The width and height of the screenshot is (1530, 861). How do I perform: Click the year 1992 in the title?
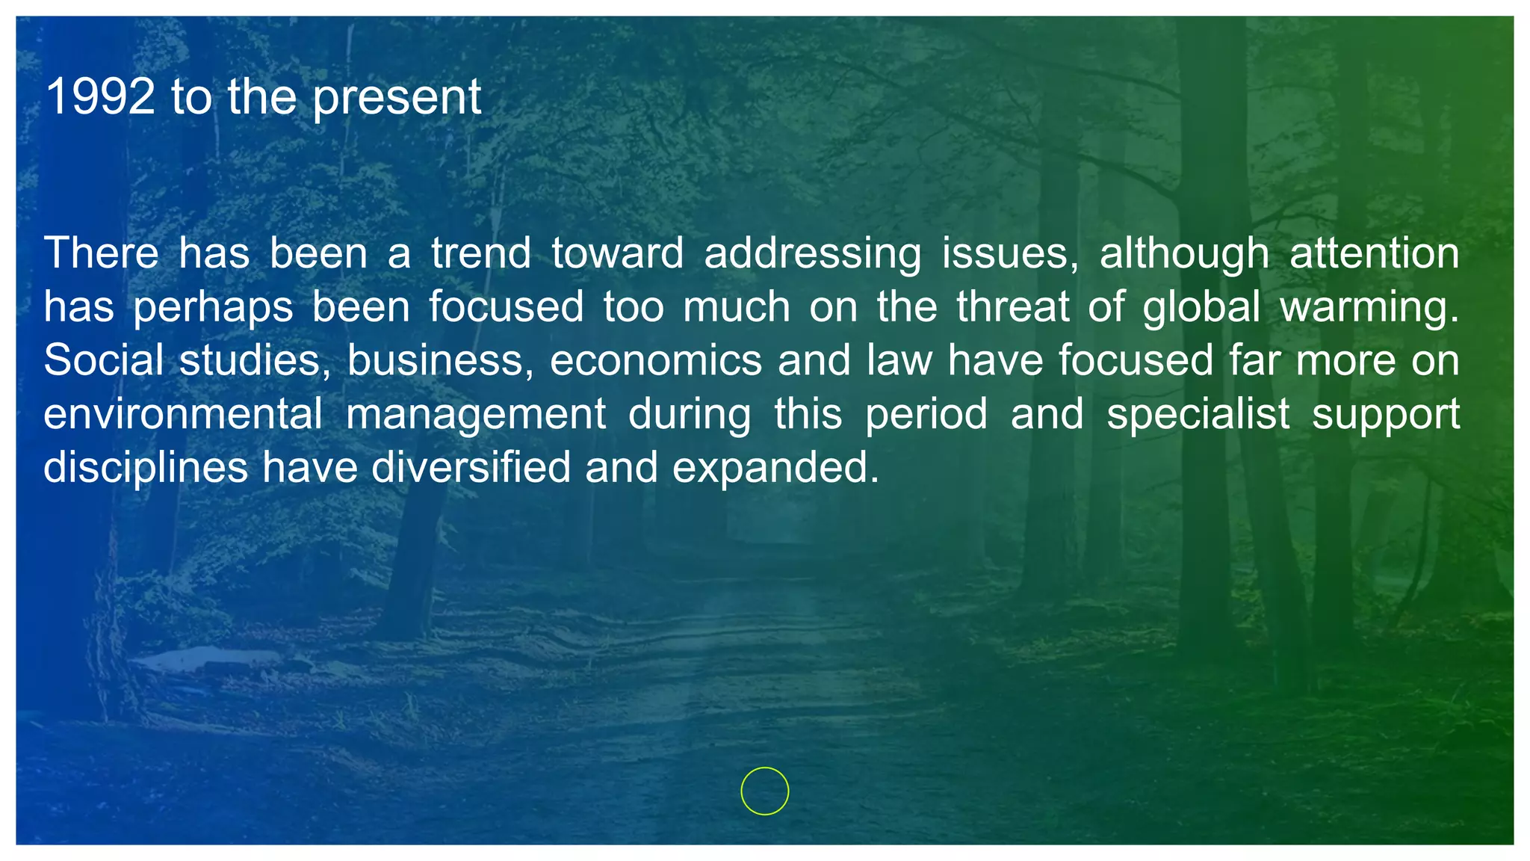[x=100, y=97]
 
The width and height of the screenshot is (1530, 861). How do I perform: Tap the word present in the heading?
[x=397, y=99]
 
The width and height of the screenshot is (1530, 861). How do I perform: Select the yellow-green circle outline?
[x=764, y=791]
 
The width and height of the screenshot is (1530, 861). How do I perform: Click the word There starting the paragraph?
[x=101, y=253]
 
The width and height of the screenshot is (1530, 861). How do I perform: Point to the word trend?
[x=480, y=253]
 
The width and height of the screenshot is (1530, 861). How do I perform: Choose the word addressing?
[x=812, y=254]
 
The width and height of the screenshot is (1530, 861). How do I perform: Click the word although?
[x=1183, y=254]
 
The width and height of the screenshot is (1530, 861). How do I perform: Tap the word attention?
[x=1374, y=253]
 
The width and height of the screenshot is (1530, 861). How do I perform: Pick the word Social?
[x=103, y=360]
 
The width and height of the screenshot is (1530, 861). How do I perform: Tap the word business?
[x=440, y=360]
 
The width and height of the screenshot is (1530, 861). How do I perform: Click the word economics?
[x=655, y=360]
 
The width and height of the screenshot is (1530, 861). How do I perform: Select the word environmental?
[x=183, y=414]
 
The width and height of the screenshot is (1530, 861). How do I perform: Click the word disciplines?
[x=146, y=468]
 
